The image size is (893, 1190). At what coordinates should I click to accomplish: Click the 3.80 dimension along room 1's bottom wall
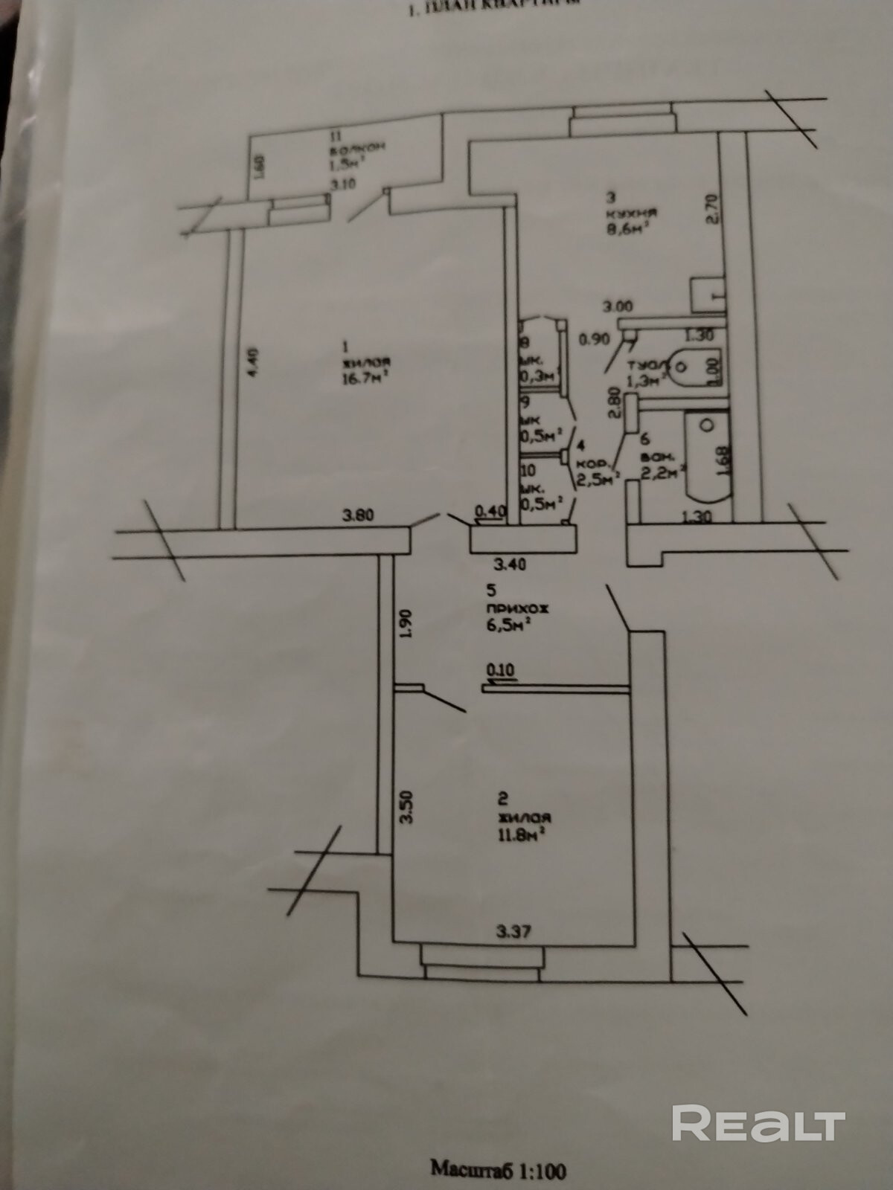tap(358, 514)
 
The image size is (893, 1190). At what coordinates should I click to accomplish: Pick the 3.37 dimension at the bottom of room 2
tap(514, 930)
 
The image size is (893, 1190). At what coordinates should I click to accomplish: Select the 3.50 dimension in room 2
tap(406, 807)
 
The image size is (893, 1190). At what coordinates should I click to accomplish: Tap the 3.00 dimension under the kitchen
tap(618, 306)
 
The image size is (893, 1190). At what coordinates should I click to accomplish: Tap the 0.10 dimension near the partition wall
tap(500, 669)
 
